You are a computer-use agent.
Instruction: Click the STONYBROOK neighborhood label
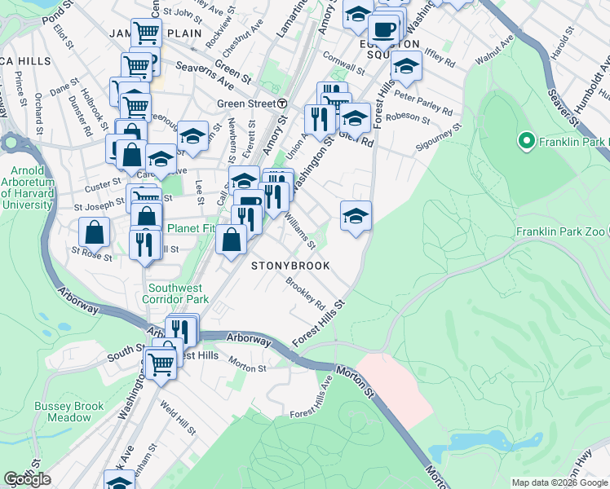[x=290, y=266]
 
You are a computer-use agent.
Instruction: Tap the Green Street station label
[x=246, y=104]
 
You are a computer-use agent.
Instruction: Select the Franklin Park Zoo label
[x=562, y=231]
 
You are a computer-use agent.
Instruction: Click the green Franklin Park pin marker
[x=526, y=143]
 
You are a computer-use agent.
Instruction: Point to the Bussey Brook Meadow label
[x=69, y=412]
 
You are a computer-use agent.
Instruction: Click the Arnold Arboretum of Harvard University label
[x=28, y=187]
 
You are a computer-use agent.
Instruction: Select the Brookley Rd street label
[x=306, y=291]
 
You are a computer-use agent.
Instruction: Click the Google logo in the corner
[x=27, y=479]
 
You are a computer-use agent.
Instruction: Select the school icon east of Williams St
[x=356, y=215]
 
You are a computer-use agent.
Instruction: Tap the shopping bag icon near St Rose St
[x=95, y=232]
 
